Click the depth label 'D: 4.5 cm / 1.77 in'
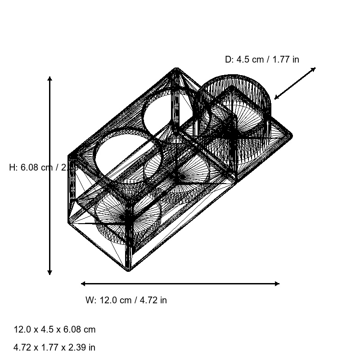tap(262, 59)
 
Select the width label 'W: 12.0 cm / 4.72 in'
tap(126, 300)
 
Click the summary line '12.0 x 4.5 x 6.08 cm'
tap(54, 329)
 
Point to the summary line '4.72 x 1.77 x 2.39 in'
tap(54, 347)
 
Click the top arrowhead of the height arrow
tap(49, 78)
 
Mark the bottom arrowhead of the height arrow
tap(49, 273)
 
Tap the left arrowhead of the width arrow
tap(83, 283)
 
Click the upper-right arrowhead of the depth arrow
tap(314, 69)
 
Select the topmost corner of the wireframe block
tap(176, 69)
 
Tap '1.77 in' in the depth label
tap(286, 59)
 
